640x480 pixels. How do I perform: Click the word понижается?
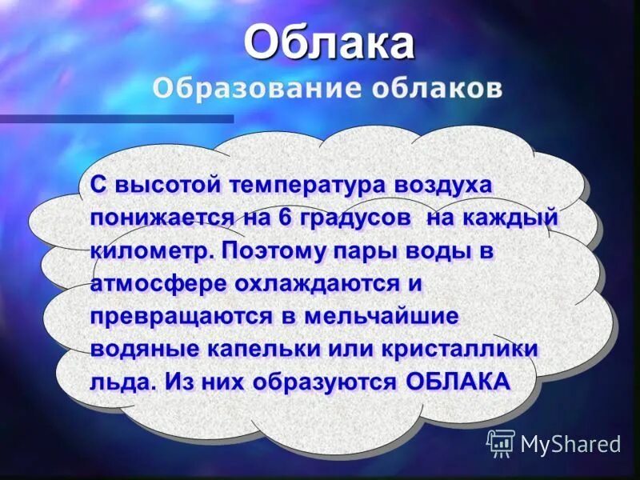tap(162, 218)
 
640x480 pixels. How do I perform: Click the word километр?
tap(153, 250)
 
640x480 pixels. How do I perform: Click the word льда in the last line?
tap(118, 382)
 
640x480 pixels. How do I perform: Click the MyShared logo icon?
tap(501, 442)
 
